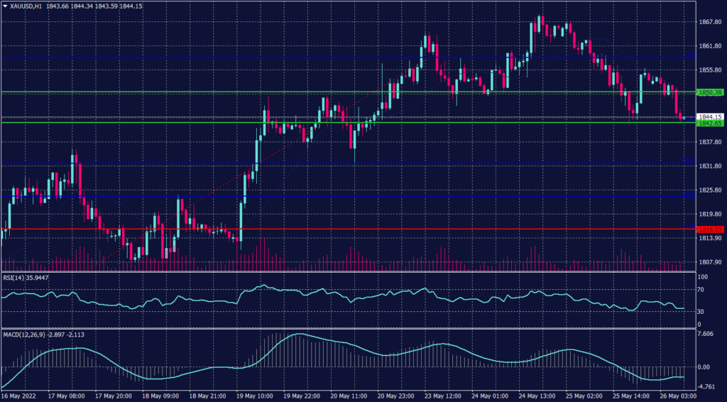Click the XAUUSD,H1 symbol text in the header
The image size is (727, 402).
(x=26, y=6)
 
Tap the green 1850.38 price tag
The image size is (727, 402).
(x=710, y=92)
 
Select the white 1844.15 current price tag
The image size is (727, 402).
(x=710, y=116)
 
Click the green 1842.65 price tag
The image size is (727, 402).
(x=710, y=123)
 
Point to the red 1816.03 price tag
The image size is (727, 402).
(x=710, y=229)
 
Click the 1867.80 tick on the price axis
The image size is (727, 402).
(x=710, y=22)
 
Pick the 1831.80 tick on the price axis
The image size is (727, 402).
(x=710, y=166)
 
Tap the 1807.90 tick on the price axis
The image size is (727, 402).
(x=710, y=262)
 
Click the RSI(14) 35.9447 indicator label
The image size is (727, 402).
(x=28, y=278)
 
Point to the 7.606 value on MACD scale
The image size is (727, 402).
(x=706, y=334)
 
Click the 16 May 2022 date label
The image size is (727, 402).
(x=21, y=396)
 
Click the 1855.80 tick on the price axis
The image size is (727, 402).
(x=710, y=70)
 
